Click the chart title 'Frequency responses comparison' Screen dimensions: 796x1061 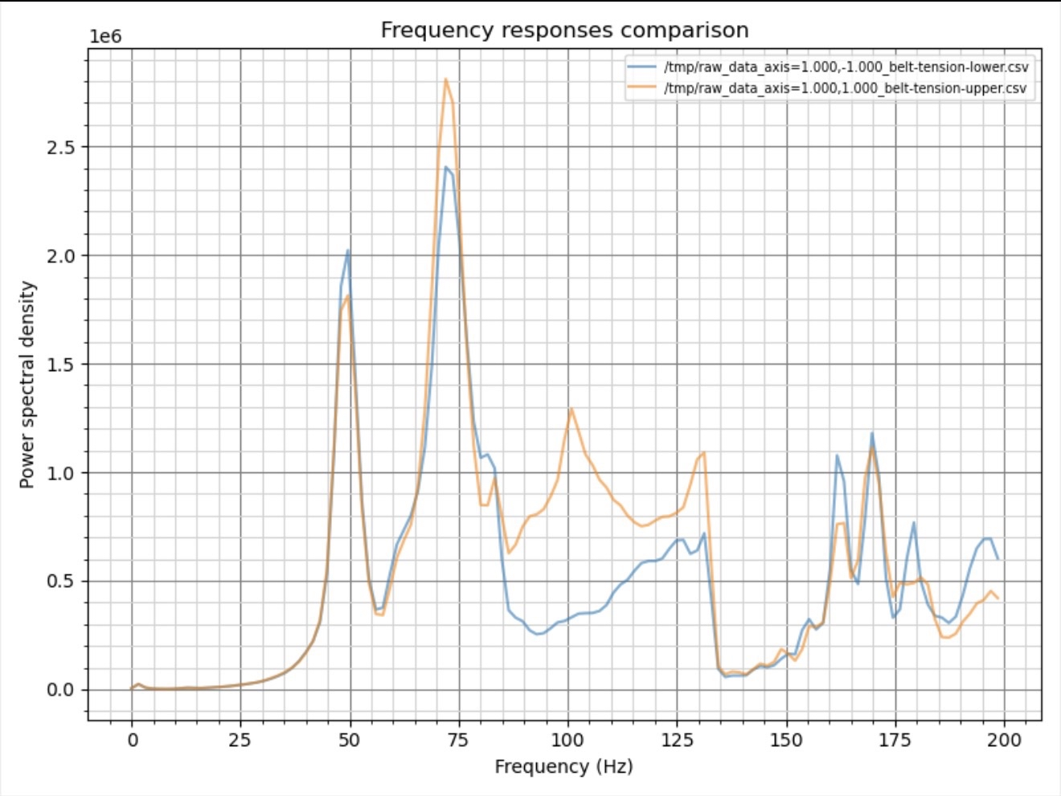pyautogui.click(x=564, y=31)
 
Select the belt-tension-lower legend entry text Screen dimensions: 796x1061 pyautogui.click(x=846, y=67)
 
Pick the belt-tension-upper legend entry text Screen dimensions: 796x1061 pyautogui.click(x=845, y=88)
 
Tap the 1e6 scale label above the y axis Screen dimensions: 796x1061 pyautogui.click(x=105, y=37)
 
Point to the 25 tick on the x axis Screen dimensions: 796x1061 pyautogui.click(x=240, y=740)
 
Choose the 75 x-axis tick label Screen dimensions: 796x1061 pyautogui.click(x=457, y=740)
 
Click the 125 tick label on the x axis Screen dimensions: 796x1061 pyautogui.click(x=676, y=740)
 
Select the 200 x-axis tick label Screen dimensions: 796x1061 pyautogui.click(x=1004, y=740)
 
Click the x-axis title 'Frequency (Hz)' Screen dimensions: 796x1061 pyautogui.click(x=563, y=766)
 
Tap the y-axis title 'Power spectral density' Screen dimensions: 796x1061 pyautogui.click(x=27, y=384)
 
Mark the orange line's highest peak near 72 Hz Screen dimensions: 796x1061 pyautogui.click(x=445, y=79)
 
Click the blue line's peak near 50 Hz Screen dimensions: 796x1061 pyautogui.click(x=348, y=250)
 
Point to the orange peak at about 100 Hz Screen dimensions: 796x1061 pyautogui.click(x=571, y=408)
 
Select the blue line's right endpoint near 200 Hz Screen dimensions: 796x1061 pyautogui.click(x=998, y=559)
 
